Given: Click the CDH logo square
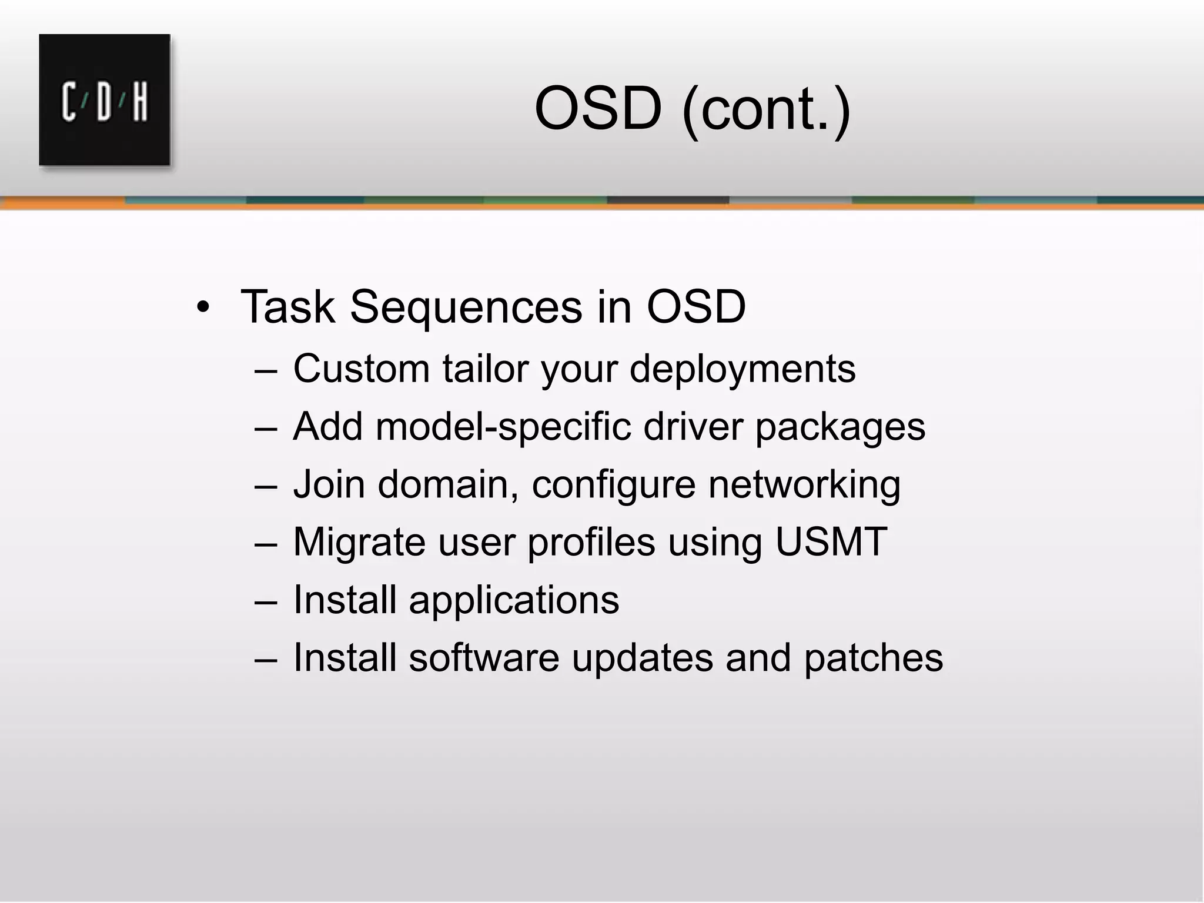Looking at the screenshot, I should click(105, 100).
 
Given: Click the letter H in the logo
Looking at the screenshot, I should click(140, 102).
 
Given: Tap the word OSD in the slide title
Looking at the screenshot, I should click(598, 109).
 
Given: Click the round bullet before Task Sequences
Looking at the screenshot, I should click(203, 307).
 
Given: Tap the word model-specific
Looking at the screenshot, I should click(503, 427).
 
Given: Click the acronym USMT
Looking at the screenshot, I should click(831, 541).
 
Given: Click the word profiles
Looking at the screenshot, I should click(590, 541).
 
